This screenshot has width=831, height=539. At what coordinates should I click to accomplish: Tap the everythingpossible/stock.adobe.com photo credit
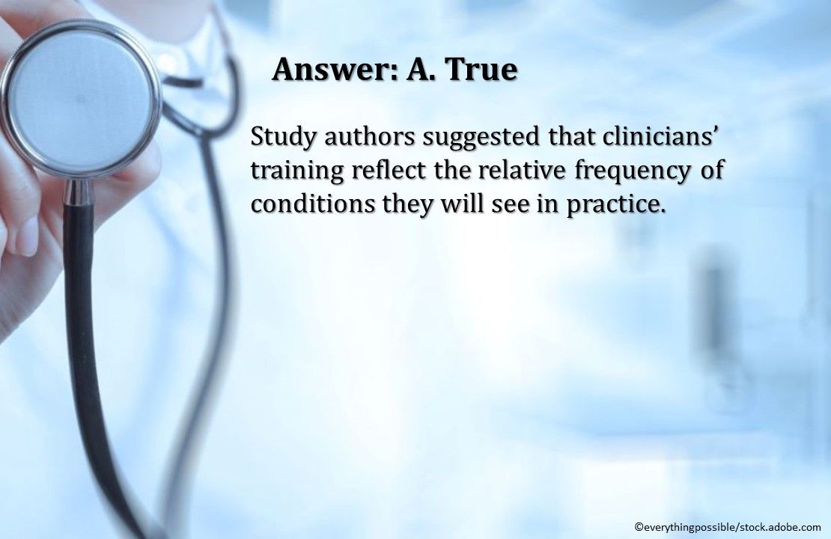pos(727,526)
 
